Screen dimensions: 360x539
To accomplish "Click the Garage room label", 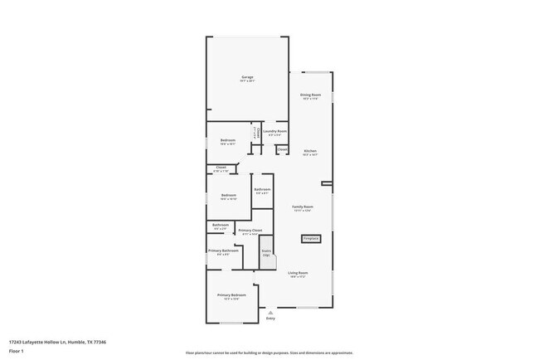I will point(247,77).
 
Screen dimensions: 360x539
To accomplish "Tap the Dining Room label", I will point(311,95).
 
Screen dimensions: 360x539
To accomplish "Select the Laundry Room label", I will point(277,131).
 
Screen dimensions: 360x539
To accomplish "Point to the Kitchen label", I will point(310,151).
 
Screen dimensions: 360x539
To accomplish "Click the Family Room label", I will point(302,207).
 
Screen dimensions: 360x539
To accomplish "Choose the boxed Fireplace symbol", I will point(311,238).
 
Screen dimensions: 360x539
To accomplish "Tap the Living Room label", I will point(299,273).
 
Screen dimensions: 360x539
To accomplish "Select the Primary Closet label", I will point(250,231).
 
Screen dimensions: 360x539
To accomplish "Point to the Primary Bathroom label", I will point(224,251).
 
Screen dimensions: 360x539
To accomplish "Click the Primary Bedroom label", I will point(232,295).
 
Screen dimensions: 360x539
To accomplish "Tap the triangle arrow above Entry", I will point(270,312).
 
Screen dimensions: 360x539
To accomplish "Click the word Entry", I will point(270,319).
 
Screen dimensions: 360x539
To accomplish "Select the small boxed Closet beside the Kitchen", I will point(282,149).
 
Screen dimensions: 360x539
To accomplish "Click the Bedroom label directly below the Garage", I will point(228,140).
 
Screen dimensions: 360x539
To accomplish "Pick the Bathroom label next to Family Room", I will point(262,190).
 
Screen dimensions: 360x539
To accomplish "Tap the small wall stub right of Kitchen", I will point(327,183).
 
